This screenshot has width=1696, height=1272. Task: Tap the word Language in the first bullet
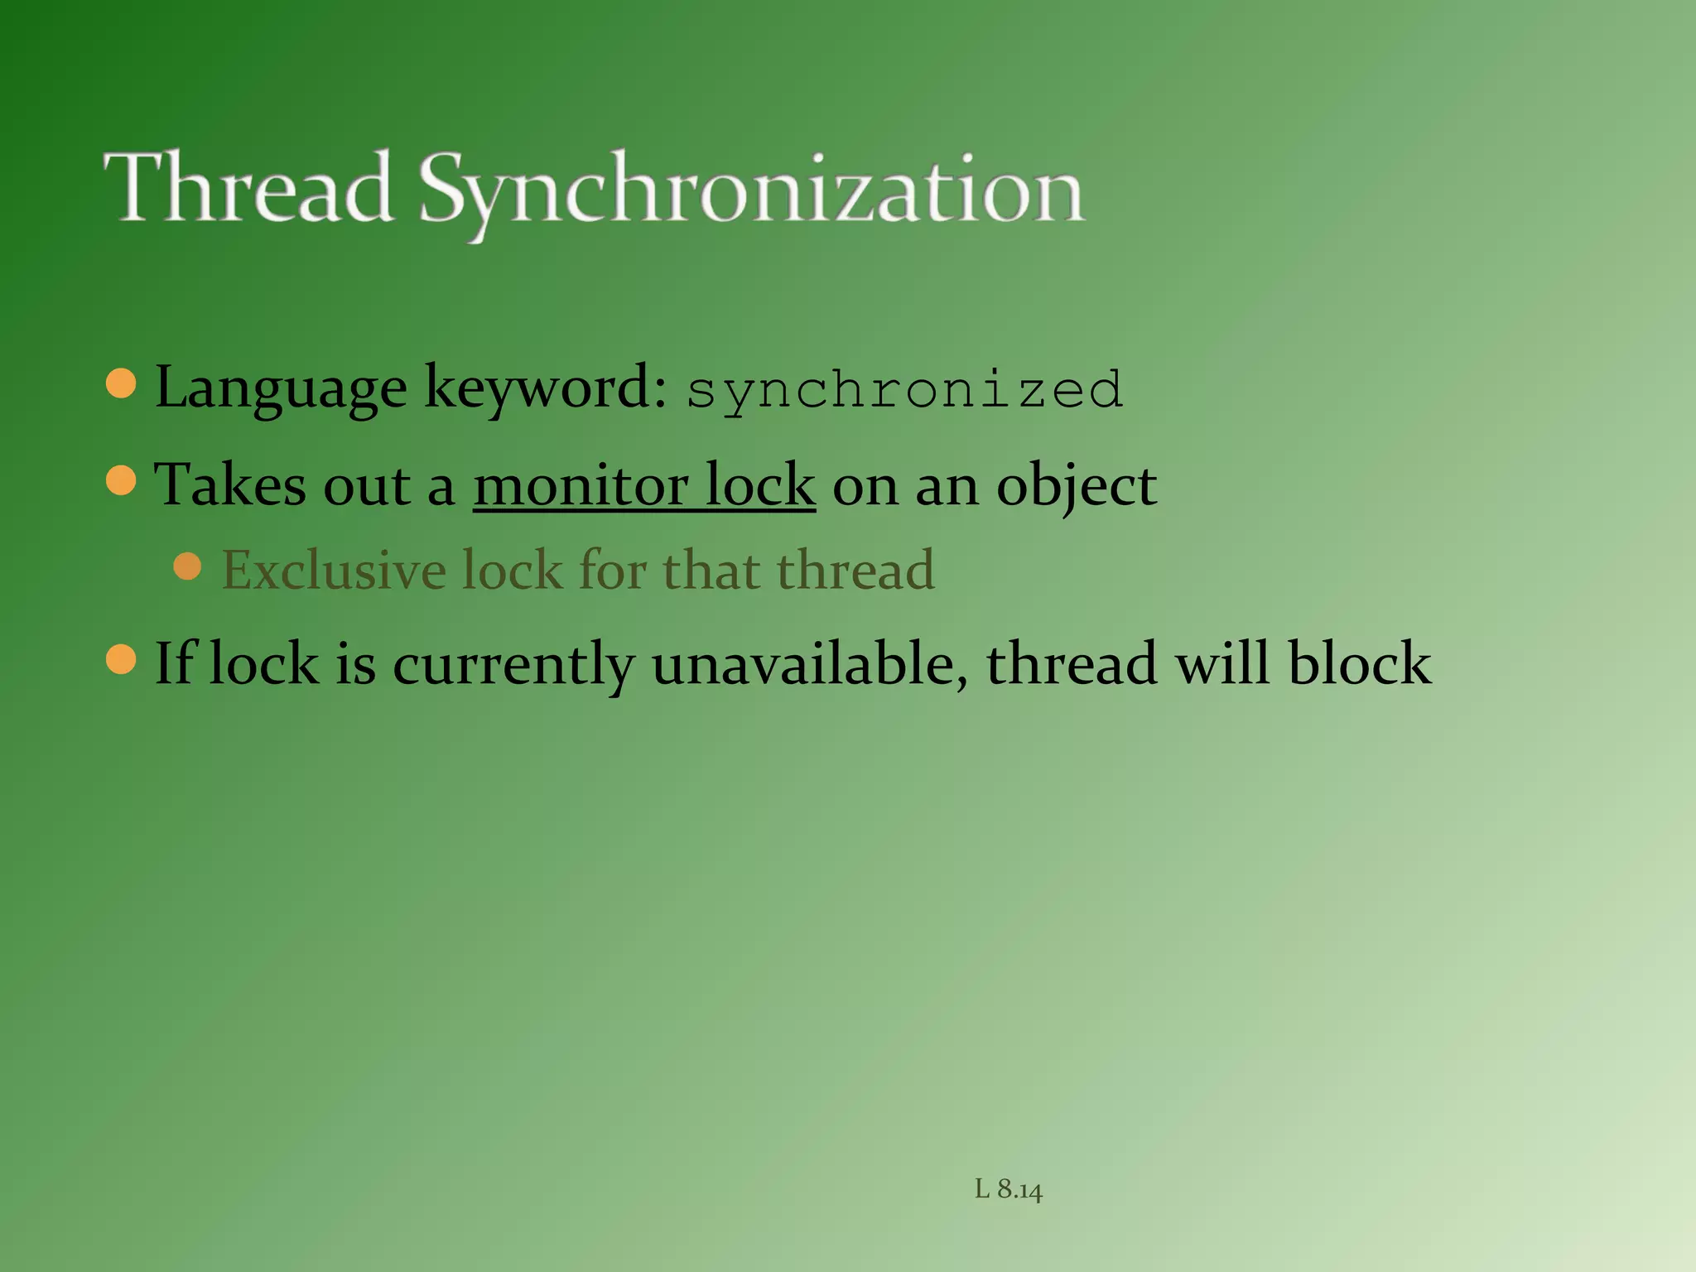point(281,388)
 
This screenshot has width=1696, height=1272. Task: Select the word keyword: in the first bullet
point(545,388)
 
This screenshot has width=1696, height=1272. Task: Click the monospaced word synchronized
point(904,389)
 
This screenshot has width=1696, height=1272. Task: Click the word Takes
point(229,485)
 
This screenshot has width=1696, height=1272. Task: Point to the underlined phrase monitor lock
point(643,485)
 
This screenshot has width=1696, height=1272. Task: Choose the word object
point(1076,487)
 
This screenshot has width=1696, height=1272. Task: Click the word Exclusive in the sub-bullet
point(334,570)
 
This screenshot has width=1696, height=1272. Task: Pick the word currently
point(513,666)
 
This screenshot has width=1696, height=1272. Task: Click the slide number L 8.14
point(1008,1190)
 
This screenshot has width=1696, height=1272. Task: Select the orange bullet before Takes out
point(122,480)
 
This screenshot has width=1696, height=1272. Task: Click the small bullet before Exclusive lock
point(188,566)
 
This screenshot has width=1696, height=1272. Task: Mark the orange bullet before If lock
point(122,659)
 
